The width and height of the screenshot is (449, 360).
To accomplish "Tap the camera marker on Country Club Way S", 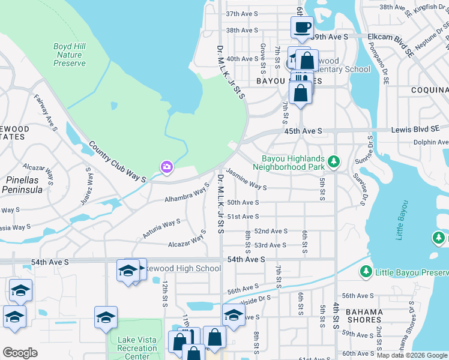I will coord(166,167).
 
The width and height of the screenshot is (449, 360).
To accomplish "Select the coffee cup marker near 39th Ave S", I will coord(302,27).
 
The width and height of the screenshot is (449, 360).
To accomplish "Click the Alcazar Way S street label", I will coord(187,243).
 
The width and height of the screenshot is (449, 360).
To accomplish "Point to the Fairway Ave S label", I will coord(46,113).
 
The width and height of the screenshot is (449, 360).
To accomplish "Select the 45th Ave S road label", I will coord(303,131).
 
